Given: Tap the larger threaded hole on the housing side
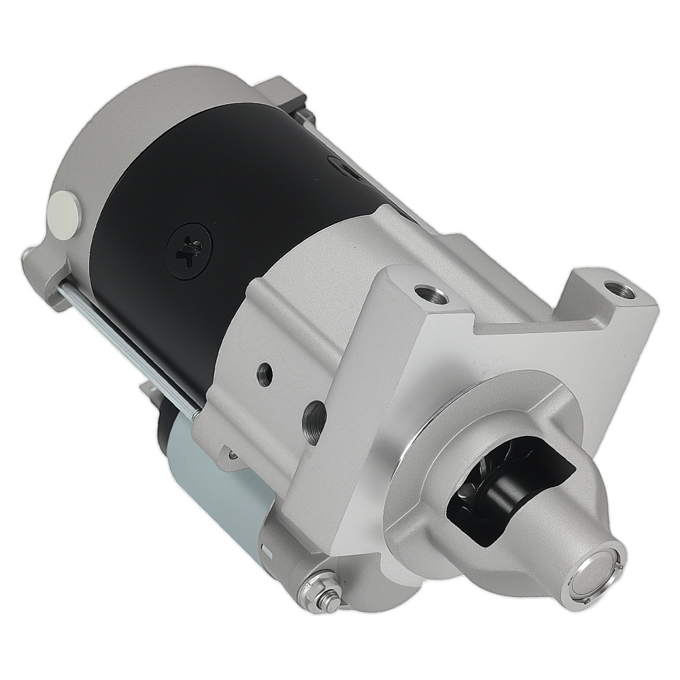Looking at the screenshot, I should coord(313,413).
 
